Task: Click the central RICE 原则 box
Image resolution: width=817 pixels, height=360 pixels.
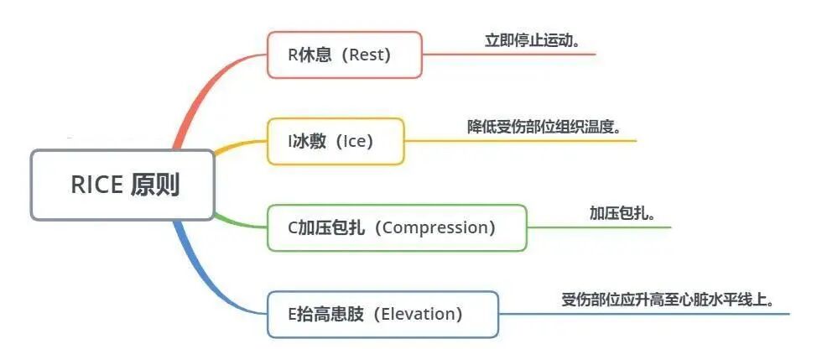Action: point(122,185)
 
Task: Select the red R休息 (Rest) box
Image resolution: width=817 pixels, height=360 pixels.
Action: point(344,55)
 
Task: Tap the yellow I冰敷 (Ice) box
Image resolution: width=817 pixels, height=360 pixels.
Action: point(335,141)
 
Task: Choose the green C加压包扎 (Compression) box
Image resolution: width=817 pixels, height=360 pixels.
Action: point(396,227)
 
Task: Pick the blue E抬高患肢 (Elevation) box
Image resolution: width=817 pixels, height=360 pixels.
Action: point(382,315)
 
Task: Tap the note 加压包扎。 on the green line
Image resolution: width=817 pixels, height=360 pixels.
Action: point(622,213)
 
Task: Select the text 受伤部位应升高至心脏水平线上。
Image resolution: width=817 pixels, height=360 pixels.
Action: point(667,300)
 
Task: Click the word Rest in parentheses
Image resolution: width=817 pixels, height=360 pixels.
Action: point(370,55)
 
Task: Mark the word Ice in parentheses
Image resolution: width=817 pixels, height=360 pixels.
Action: point(356,141)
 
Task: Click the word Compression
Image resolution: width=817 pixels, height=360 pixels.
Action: point(439,227)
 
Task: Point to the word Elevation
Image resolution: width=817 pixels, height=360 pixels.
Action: point(417,315)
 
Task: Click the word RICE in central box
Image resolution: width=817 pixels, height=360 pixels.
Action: point(96,185)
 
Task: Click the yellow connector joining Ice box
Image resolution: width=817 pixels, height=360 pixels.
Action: point(239,145)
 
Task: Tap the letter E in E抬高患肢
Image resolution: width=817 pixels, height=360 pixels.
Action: point(292,315)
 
